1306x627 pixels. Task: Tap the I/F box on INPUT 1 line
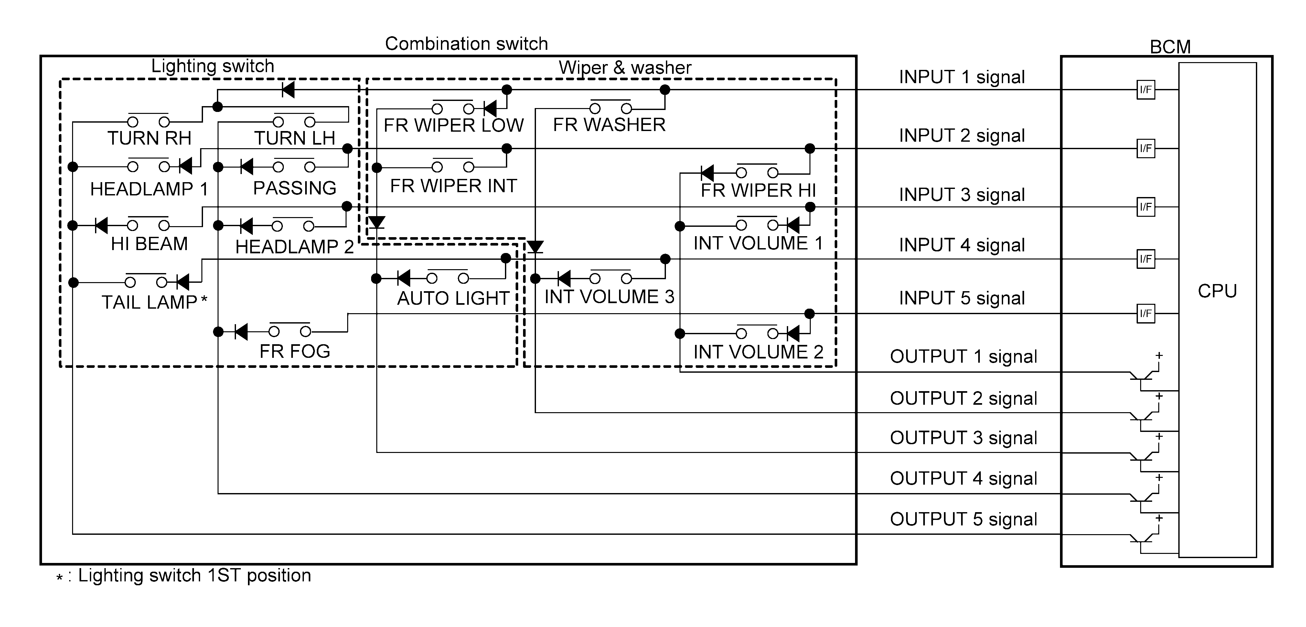(1146, 90)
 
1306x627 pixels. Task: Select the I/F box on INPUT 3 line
(1146, 207)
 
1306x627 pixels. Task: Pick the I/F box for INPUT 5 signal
(1146, 313)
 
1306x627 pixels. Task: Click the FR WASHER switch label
(609, 125)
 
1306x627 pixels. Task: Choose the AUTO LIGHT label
(453, 298)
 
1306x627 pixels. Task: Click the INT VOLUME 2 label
(758, 352)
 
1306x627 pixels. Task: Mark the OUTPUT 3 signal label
(963, 438)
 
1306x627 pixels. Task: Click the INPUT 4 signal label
(962, 245)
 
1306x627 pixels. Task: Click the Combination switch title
(466, 44)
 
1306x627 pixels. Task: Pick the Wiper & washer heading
(625, 68)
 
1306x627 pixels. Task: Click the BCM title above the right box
(1170, 47)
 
